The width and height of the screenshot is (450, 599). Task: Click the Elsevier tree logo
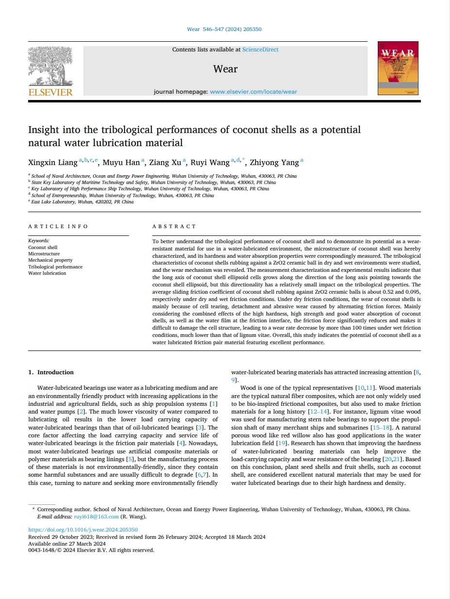point(50,68)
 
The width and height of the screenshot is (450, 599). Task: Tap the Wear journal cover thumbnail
point(398,68)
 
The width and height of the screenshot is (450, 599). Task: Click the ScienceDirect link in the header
point(260,50)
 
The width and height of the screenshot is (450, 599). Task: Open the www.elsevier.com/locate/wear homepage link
point(254,92)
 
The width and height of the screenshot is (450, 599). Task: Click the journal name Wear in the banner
point(225,69)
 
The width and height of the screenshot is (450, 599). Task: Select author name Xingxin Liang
point(53,163)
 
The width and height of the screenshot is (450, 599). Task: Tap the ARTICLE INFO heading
point(58,226)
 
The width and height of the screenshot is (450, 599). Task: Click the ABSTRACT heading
point(174,226)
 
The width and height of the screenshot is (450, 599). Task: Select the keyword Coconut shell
point(43,248)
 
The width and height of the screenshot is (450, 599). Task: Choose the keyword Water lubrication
point(47,273)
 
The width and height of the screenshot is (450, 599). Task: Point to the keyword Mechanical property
point(50,260)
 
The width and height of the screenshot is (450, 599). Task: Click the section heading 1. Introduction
point(51,372)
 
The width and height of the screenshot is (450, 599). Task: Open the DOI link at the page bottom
point(83,530)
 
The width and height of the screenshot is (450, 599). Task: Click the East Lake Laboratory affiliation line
point(82,202)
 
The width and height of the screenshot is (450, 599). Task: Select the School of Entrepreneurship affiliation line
point(122,196)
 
